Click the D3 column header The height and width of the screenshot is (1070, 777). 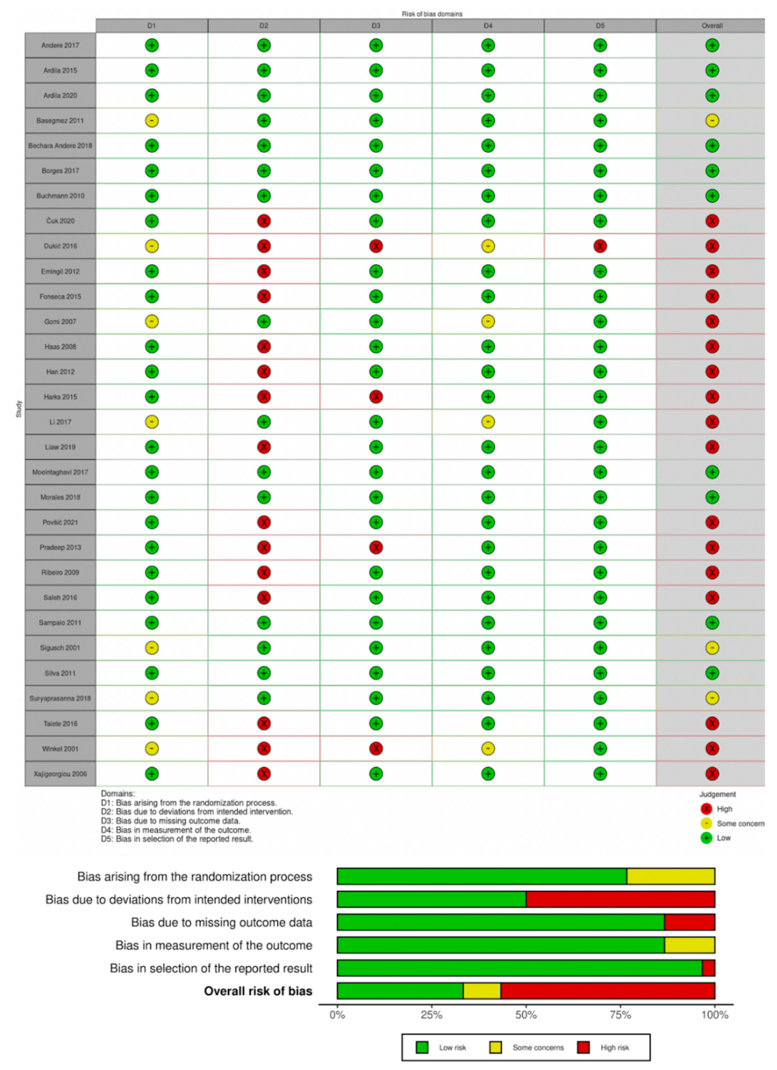[376, 25]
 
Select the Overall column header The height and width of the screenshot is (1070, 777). [711, 25]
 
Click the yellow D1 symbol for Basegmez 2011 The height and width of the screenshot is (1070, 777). [152, 121]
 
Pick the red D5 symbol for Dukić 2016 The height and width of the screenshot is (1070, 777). [600, 246]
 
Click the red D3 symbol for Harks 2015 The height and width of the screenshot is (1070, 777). [376, 397]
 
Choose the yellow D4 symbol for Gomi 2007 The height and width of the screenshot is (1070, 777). [488, 322]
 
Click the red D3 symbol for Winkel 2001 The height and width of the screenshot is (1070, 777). [376, 749]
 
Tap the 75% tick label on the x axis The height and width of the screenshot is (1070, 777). [620, 1015]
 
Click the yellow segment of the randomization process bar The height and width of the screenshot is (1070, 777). [670, 876]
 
